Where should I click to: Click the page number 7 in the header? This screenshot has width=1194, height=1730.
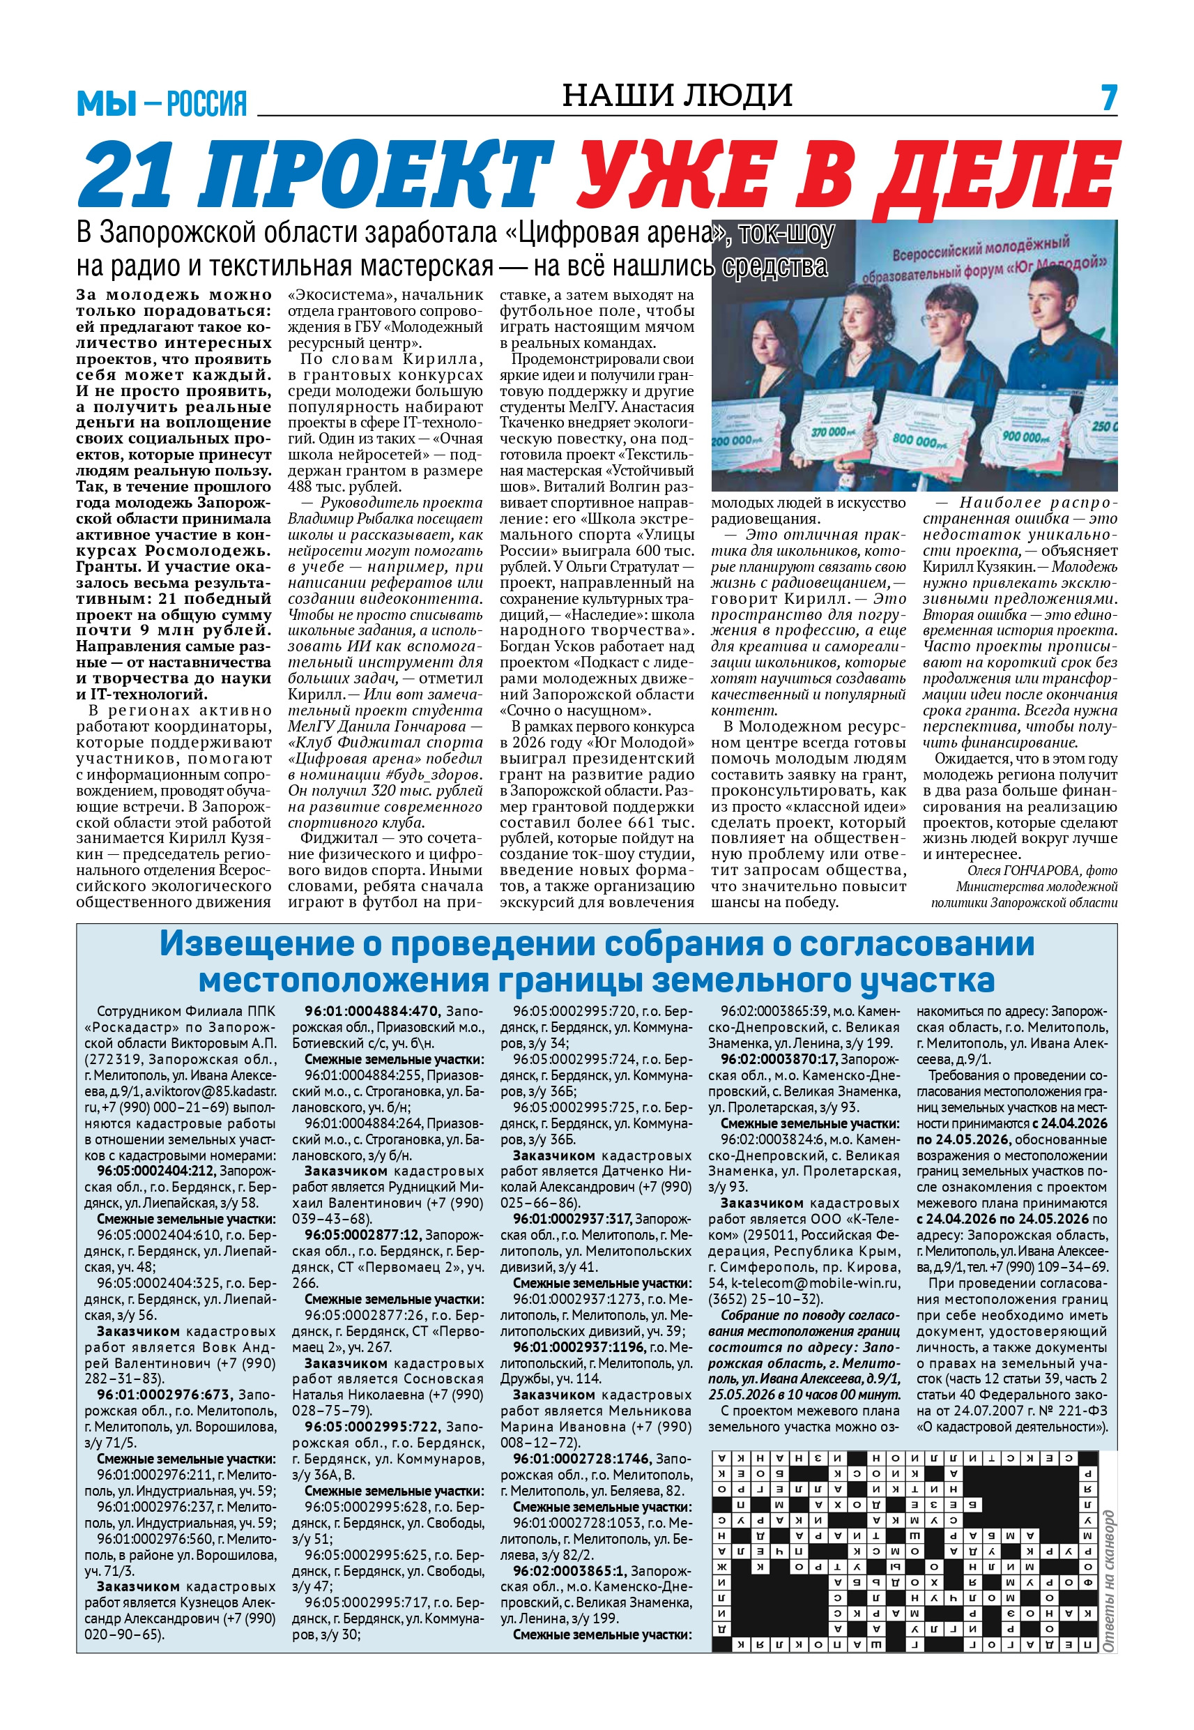(1109, 98)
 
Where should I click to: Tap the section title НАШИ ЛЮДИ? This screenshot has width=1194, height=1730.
(677, 95)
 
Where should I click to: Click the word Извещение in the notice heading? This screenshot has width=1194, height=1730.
(256, 944)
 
